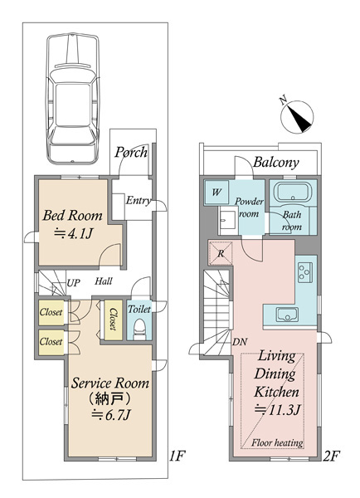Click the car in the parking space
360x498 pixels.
[x=73, y=98]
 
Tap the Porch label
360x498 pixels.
[x=131, y=152]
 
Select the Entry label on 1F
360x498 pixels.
[x=138, y=200]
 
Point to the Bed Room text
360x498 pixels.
[x=73, y=215]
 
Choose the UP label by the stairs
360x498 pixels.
[x=73, y=283]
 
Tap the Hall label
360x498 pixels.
[x=104, y=281]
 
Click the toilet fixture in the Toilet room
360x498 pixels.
[x=139, y=328]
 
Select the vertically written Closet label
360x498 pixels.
[x=113, y=319]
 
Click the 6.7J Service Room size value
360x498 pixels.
[x=111, y=415]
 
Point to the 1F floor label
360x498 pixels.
[x=177, y=456]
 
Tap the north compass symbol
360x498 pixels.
[x=297, y=116]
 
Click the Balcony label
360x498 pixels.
[x=276, y=163]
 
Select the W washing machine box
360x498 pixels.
[x=216, y=193]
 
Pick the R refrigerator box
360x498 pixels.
[x=221, y=253]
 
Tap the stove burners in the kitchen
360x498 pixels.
[x=305, y=272]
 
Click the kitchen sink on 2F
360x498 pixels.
[x=287, y=315]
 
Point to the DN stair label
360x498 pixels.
[x=240, y=342]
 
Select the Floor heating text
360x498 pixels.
[x=277, y=442]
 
